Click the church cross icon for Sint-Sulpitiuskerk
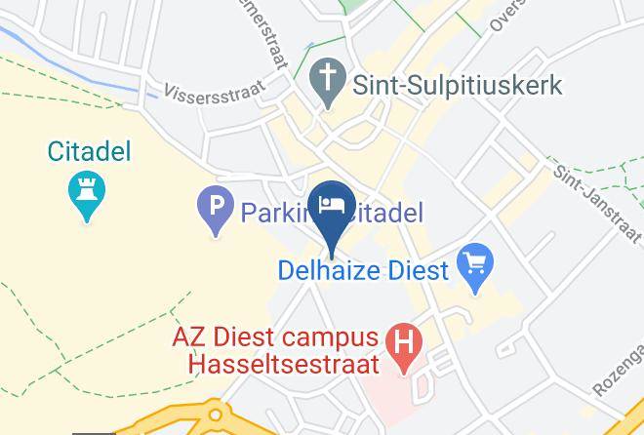click(x=325, y=76)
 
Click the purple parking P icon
click(x=214, y=209)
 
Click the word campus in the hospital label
click(x=331, y=337)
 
